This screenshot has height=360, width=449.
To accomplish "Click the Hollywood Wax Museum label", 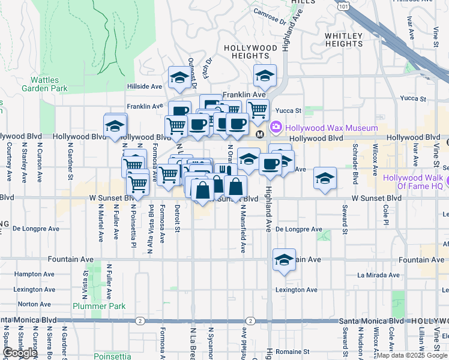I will pyautogui.click(x=331, y=128).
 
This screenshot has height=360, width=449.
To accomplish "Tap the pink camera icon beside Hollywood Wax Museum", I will pyautogui.click(x=276, y=127).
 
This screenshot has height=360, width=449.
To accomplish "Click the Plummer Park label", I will pyautogui.click(x=99, y=306).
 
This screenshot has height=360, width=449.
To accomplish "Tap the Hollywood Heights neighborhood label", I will pyautogui.click(x=251, y=52).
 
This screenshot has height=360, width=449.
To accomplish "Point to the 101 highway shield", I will pyautogui.click(x=342, y=5).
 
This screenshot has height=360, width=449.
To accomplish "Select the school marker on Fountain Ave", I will pyautogui.click(x=284, y=260).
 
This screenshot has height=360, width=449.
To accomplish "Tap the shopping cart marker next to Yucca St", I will pyautogui.click(x=258, y=109).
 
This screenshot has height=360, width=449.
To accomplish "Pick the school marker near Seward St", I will pyautogui.click(x=325, y=178).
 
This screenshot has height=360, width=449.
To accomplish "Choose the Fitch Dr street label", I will pyautogui.click(x=208, y=71).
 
